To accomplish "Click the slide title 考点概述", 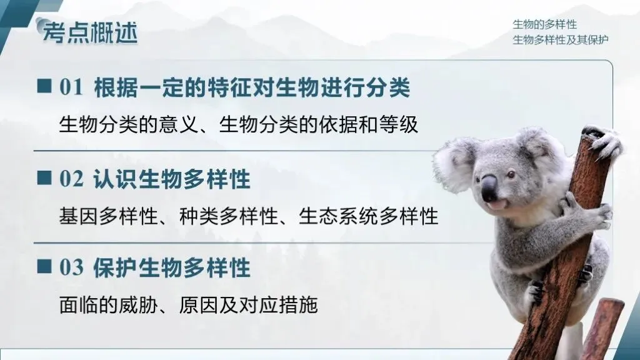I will pos(90,32).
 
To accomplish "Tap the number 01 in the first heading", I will pos(71,88).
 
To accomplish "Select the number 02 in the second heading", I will pos(71,180).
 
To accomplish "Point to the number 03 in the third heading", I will pos(71,268).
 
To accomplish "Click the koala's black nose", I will pos(489,187).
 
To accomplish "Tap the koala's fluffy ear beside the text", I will pos(454,164).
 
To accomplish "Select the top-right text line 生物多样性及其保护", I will pos(561,40).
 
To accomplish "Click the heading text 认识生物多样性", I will pos(172,180).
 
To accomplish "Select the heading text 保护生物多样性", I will pos(172,268).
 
